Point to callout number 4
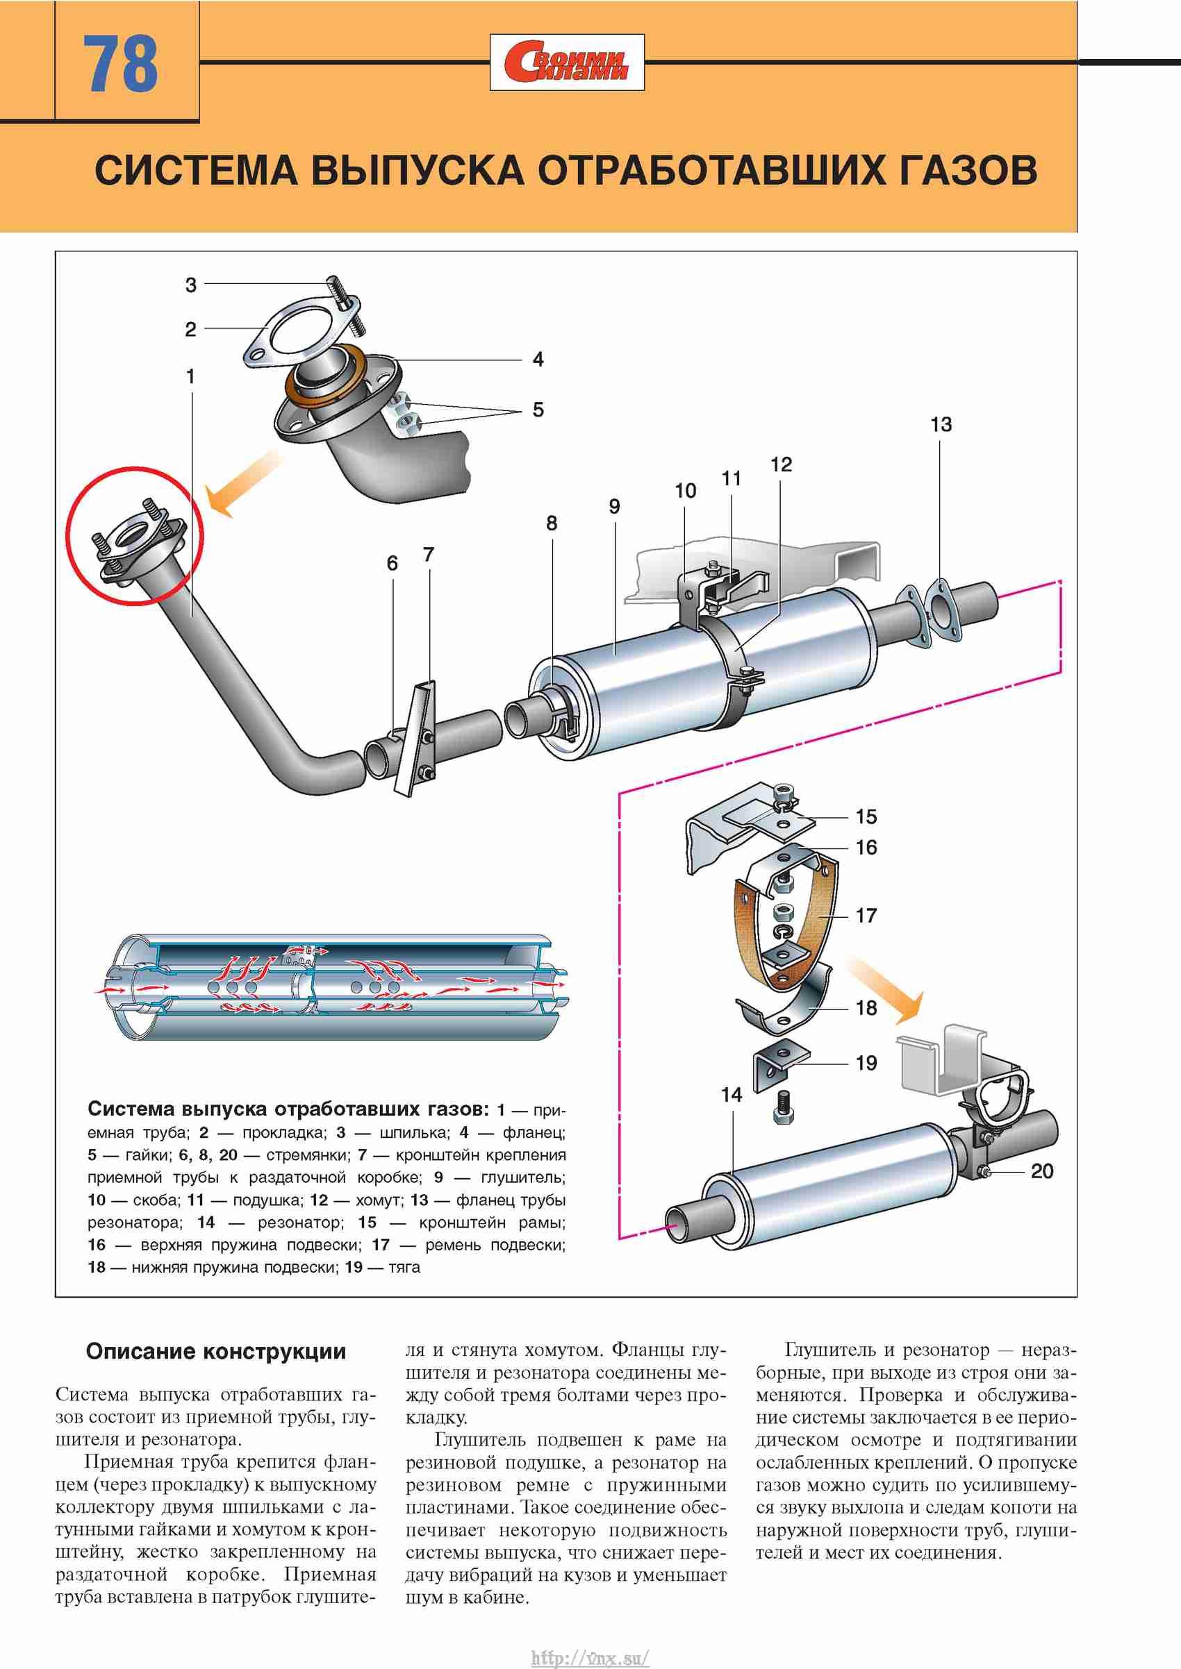tap(538, 359)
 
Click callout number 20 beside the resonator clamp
tap(1041, 1171)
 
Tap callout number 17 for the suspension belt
tap(866, 915)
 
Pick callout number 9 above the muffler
tap(615, 507)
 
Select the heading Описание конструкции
tap(216, 1352)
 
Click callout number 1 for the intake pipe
tap(190, 376)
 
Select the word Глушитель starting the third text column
tap(829, 1350)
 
